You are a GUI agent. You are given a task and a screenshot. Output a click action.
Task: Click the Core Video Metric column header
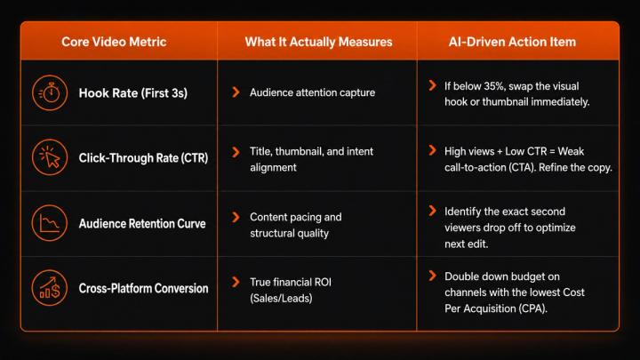[114, 42]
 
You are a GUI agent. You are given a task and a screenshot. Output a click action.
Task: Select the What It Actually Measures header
[318, 42]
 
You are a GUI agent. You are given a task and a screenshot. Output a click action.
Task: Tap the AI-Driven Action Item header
[512, 42]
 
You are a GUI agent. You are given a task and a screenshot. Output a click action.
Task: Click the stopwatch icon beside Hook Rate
[50, 93]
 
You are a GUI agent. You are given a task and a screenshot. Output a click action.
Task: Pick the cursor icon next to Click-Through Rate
[50, 157]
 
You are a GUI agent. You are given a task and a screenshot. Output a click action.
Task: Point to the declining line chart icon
[50, 223]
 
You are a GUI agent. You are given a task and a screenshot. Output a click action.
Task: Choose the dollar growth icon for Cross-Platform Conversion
[50, 288]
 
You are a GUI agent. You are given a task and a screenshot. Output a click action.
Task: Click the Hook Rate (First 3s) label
[133, 93]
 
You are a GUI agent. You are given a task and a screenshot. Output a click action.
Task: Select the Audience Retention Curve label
[142, 224]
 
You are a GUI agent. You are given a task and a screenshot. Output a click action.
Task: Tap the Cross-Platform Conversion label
[143, 288]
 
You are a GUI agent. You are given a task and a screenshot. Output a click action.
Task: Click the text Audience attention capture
[312, 92]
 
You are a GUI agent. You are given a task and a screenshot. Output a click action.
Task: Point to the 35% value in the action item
[494, 86]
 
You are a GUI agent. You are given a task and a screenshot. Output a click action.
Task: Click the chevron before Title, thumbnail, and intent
[236, 152]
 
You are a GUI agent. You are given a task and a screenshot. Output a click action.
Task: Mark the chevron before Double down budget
[433, 276]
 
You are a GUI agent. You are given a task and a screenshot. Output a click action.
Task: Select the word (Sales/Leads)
[281, 299]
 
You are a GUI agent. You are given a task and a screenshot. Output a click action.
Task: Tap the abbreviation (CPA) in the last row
[532, 308]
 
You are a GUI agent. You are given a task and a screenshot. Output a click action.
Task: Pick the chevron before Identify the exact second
[433, 211]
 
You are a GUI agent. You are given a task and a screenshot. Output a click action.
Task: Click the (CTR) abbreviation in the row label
[195, 158]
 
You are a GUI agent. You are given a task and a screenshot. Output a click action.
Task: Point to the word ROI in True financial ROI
[323, 282]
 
